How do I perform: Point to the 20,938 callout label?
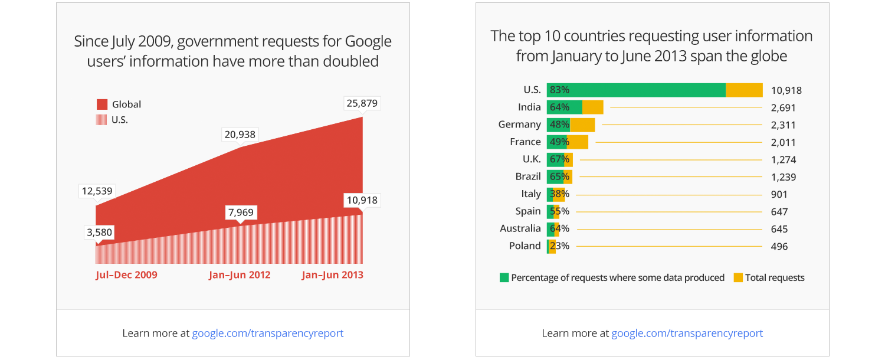tap(240, 135)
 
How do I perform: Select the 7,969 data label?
tap(242, 212)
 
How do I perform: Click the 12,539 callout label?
tap(97, 191)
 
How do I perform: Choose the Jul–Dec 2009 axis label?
tap(126, 275)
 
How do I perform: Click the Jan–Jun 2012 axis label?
tap(240, 275)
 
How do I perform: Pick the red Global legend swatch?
tap(102, 104)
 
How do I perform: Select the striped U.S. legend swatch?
tap(102, 120)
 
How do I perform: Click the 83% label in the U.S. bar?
tap(559, 90)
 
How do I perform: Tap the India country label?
tap(529, 107)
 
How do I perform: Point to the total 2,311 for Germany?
tap(784, 125)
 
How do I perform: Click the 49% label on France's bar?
tap(559, 142)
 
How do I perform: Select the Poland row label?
tap(525, 246)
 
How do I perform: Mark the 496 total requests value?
tap(779, 247)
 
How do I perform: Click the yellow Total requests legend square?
tap(738, 277)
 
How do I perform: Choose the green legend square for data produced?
tap(504, 277)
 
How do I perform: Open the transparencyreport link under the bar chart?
tap(687, 333)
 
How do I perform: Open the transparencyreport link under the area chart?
tap(267, 333)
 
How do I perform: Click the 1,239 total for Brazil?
tap(784, 177)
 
